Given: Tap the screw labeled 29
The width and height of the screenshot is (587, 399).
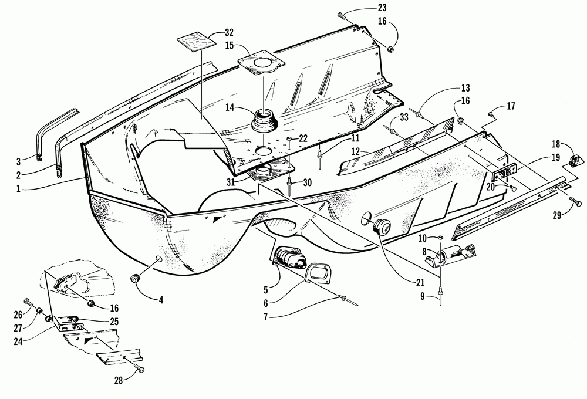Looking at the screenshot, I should tap(576, 203).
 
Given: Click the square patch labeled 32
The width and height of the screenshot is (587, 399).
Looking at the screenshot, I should tap(197, 42).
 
